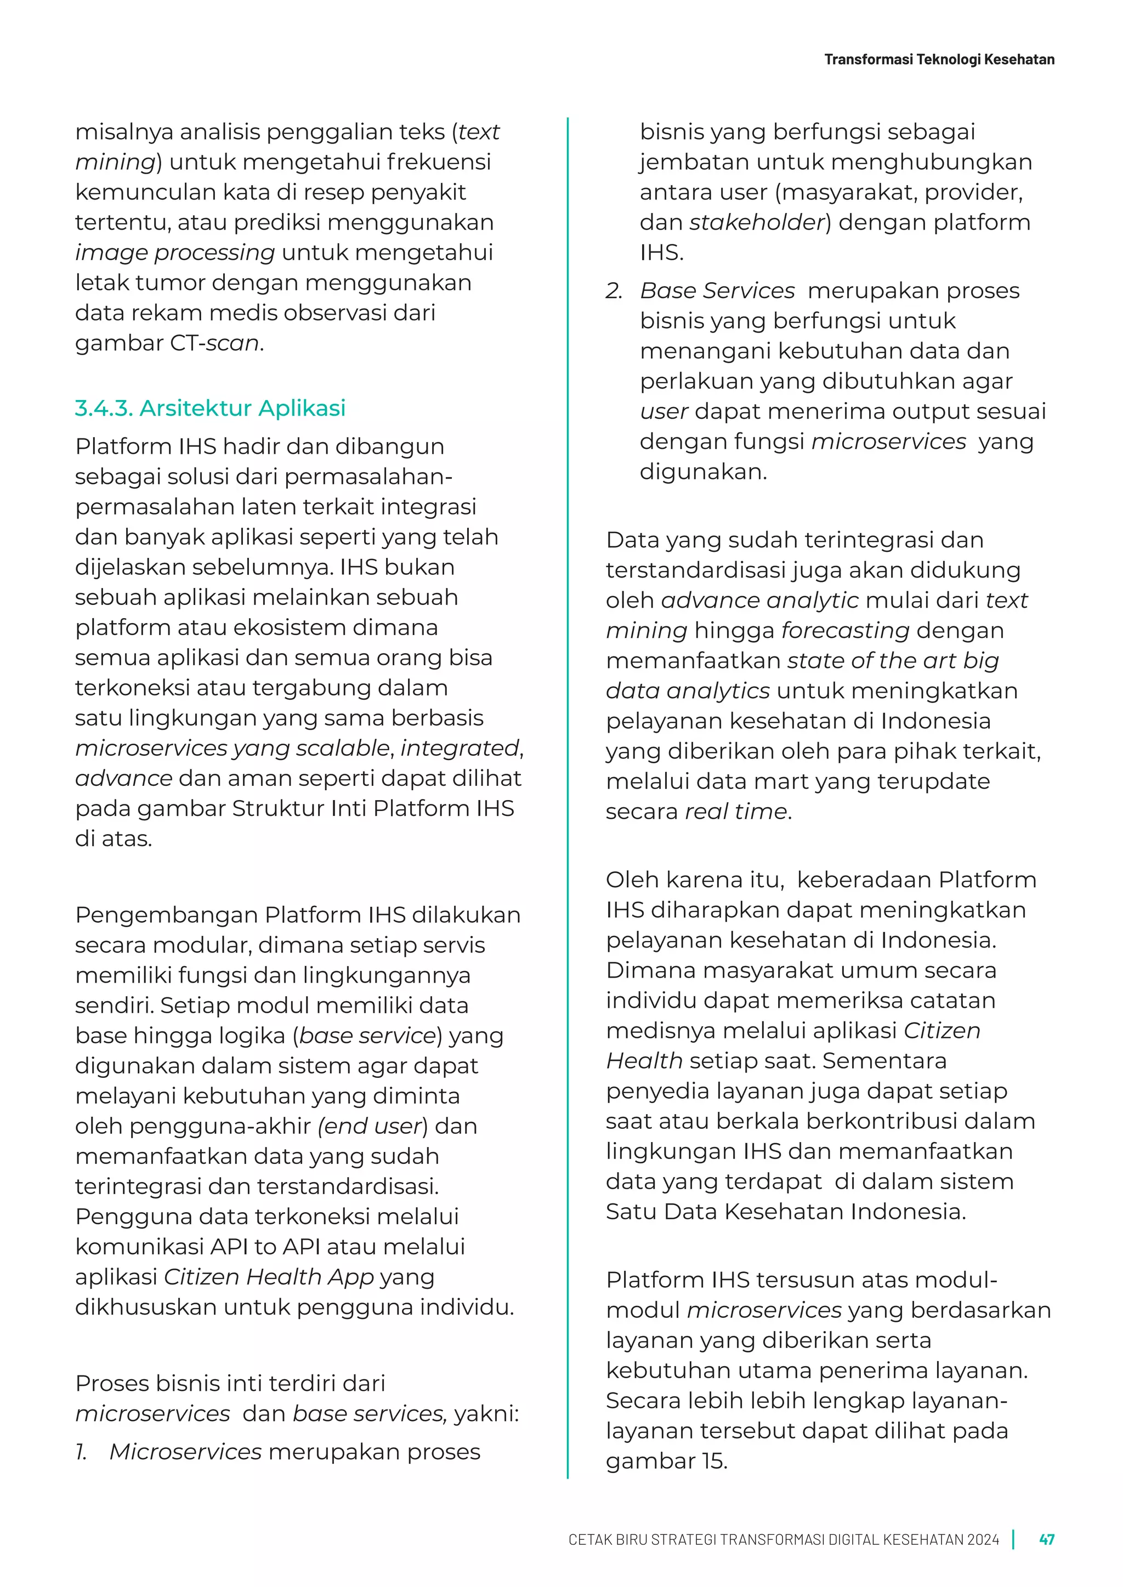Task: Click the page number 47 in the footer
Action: point(1046,1539)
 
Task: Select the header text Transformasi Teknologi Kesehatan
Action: point(939,59)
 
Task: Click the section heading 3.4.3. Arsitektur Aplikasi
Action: point(209,408)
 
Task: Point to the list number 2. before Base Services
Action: point(614,291)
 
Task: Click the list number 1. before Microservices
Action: point(82,1452)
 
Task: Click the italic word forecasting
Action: point(845,630)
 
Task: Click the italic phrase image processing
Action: point(175,253)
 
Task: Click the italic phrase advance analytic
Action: point(759,601)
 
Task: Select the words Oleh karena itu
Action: point(694,880)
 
